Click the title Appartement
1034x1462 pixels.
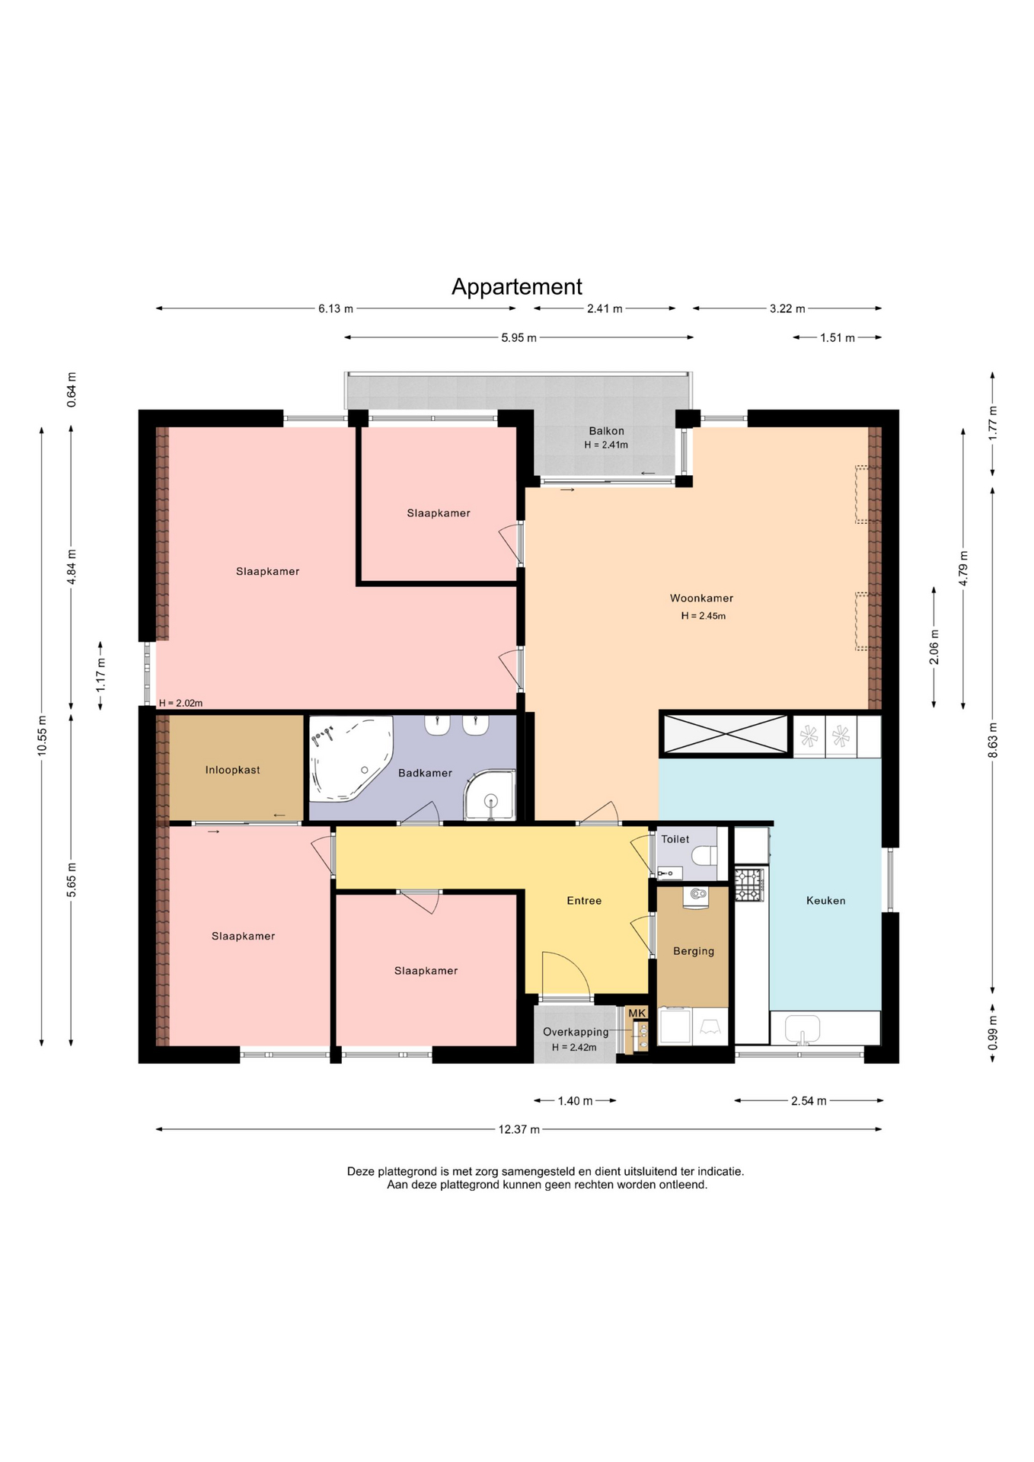tap(517, 287)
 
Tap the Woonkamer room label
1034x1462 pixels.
tap(701, 599)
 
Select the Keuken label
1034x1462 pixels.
tap(826, 901)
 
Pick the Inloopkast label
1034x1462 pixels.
tap(233, 771)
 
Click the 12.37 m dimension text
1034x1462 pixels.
tap(519, 1129)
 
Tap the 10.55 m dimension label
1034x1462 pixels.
tap(42, 735)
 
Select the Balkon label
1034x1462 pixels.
tap(606, 431)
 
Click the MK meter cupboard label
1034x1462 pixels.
tap(637, 1014)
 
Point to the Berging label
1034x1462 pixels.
tap(694, 951)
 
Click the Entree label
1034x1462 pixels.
tap(584, 901)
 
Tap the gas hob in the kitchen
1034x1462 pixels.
tap(748, 885)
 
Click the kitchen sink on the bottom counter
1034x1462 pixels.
tap(802, 1029)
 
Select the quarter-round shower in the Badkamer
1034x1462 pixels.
tap(490, 796)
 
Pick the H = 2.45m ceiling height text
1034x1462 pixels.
tap(704, 616)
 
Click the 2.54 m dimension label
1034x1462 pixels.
tap(809, 1101)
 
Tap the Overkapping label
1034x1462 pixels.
tap(576, 1033)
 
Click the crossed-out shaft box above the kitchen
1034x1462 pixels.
tap(725, 734)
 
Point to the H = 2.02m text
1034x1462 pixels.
tap(180, 704)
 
